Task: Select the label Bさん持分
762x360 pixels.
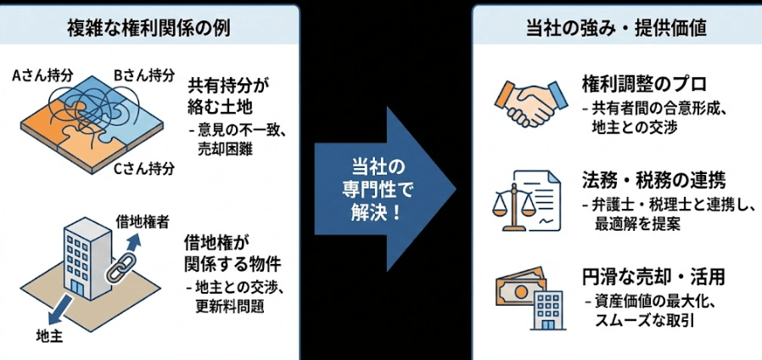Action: [x=138, y=75]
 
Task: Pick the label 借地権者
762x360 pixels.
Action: [x=138, y=222]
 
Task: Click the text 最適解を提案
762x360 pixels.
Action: [x=637, y=224]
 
